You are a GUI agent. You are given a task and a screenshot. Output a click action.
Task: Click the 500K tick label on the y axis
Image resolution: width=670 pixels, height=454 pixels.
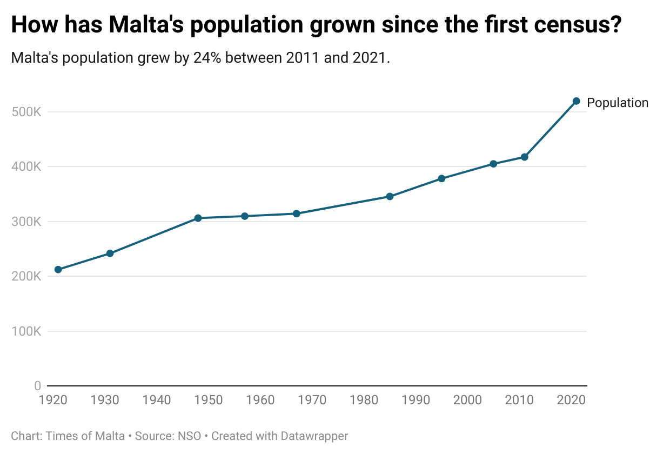click(x=26, y=112)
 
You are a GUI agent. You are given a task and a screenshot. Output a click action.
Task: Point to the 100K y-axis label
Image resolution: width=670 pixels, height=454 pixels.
click(x=26, y=331)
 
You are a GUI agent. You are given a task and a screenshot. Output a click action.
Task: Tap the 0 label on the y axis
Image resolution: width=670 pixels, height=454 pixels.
click(x=37, y=386)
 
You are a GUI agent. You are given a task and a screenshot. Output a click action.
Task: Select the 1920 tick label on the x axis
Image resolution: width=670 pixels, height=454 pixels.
click(x=53, y=400)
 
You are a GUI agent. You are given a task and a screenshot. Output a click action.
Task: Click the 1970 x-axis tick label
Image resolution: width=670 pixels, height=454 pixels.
click(x=312, y=400)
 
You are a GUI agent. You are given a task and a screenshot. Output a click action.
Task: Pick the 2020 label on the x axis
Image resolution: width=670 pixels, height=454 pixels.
click(x=571, y=400)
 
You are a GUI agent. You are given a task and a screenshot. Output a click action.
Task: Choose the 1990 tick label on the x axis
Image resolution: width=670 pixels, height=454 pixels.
click(x=416, y=400)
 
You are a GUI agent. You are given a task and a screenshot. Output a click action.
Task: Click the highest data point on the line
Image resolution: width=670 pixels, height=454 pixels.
click(x=576, y=101)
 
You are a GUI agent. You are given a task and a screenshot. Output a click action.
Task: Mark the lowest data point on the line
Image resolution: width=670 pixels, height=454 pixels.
click(x=58, y=270)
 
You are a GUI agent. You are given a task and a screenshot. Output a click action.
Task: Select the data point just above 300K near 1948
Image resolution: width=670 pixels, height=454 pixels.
click(x=198, y=218)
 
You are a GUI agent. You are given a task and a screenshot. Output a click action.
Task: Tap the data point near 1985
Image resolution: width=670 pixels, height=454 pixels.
click(x=390, y=197)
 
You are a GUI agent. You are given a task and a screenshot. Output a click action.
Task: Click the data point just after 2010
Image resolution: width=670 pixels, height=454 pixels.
click(x=524, y=157)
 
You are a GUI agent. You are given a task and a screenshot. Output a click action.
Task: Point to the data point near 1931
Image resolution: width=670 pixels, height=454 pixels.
click(x=110, y=253)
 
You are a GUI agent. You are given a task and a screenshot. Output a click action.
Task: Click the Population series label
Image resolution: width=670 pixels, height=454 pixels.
click(x=617, y=103)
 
